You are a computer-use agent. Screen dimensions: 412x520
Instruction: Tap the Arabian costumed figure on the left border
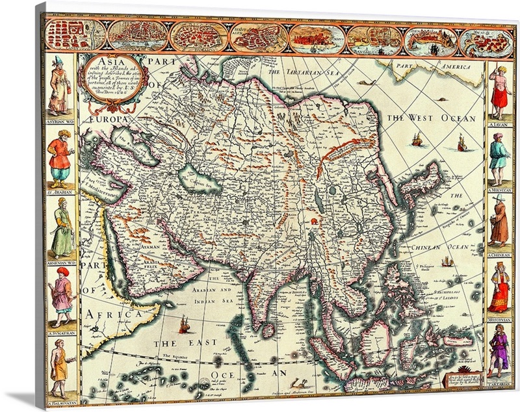(59, 159)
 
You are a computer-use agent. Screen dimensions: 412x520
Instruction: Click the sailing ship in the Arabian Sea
(185, 323)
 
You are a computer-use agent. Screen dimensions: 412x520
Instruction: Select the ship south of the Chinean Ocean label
(447, 261)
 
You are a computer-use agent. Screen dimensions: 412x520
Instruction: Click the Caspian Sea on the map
(194, 179)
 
